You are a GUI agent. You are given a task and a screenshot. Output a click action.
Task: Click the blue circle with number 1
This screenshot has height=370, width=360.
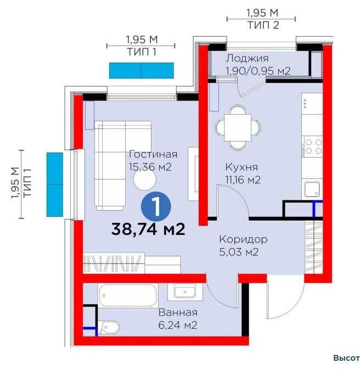(x=156, y=206)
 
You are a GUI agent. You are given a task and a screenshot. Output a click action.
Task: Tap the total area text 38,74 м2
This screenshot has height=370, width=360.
(x=148, y=229)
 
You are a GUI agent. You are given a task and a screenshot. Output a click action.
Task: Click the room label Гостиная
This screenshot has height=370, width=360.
(x=153, y=154)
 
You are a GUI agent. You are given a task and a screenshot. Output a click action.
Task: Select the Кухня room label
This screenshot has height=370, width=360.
(x=241, y=167)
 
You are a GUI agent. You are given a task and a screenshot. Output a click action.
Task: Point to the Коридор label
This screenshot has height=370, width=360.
(x=244, y=239)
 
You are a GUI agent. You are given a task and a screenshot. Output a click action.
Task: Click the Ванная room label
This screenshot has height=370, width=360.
(x=178, y=312)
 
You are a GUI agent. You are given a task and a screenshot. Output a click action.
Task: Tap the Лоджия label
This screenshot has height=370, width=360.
(x=248, y=59)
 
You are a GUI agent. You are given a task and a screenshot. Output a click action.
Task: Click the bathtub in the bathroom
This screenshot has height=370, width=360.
(x=128, y=295)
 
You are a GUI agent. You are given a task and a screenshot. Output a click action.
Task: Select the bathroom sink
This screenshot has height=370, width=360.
(x=185, y=292)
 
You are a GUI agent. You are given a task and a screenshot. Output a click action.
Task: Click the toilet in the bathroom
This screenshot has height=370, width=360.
(x=109, y=327)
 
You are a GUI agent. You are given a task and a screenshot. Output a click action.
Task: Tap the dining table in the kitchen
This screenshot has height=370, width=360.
(x=238, y=128)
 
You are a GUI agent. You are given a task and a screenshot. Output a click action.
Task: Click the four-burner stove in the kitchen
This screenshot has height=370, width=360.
(x=313, y=147)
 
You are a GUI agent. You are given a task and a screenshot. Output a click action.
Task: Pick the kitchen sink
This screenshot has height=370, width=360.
(x=312, y=189)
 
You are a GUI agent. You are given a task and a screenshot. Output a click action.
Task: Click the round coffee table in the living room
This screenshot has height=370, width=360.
(x=145, y=180)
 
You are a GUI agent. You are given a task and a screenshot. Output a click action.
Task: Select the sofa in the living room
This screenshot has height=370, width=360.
(x=123, y=166)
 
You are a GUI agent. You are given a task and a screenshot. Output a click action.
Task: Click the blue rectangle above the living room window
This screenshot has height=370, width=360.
(x=142, y=70)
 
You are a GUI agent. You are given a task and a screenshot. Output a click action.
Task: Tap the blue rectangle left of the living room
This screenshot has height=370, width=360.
(x=55, y=184)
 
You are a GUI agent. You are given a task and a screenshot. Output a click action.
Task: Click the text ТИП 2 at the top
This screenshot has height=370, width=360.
(x=263, y=25)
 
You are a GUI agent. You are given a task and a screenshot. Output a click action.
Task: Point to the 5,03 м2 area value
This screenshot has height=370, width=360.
(x=239, y=253)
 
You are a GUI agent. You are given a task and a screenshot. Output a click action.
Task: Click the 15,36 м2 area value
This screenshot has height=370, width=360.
(x=150, y=167)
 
